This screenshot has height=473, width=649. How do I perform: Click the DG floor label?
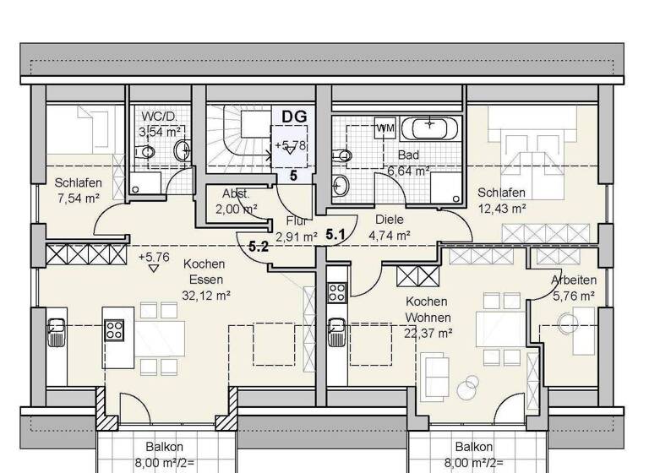pyautogui.click(x=293, y=117)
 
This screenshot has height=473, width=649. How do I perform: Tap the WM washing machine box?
pyautogui.click(x=384, y=128)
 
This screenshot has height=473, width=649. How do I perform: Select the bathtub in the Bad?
pyautogui.click(x=430, y=129)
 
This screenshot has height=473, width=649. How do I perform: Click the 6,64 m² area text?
pyautogui.click(x=409, y=171)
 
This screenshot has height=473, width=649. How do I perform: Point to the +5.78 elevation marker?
pyautogui.click(x=290, y=146)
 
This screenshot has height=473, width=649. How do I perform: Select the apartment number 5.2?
pyautogui.click(x=259, y=247)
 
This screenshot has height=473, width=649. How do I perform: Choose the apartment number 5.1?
pyautogui.click(x=336, y=236)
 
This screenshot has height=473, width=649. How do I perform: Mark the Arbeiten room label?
pyautogui.click(x=574, y=280)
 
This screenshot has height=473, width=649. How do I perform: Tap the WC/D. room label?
pyautogui.click(x=160, y=117)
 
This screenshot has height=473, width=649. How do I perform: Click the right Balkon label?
pyautogui.click(x=473, y=447)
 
